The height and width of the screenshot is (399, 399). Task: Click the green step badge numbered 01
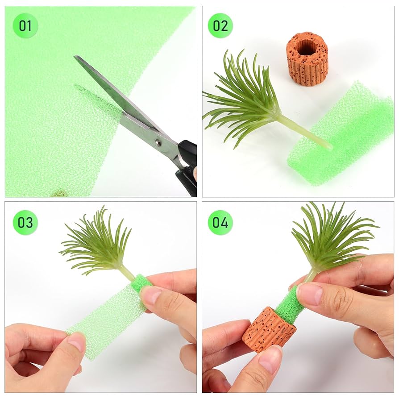coord(25,26)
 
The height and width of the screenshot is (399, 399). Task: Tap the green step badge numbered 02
coord(220,26)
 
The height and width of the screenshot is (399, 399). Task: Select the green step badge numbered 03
coord(25,222)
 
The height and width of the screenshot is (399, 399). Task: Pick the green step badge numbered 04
coord(220,222)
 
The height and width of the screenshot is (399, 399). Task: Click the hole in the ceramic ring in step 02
coord(307,47)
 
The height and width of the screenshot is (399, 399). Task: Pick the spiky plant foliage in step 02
coord(245,100)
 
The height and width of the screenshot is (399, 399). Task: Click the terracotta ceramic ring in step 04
coord(269,328)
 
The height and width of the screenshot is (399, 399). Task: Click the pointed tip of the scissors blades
coord(76,57)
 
